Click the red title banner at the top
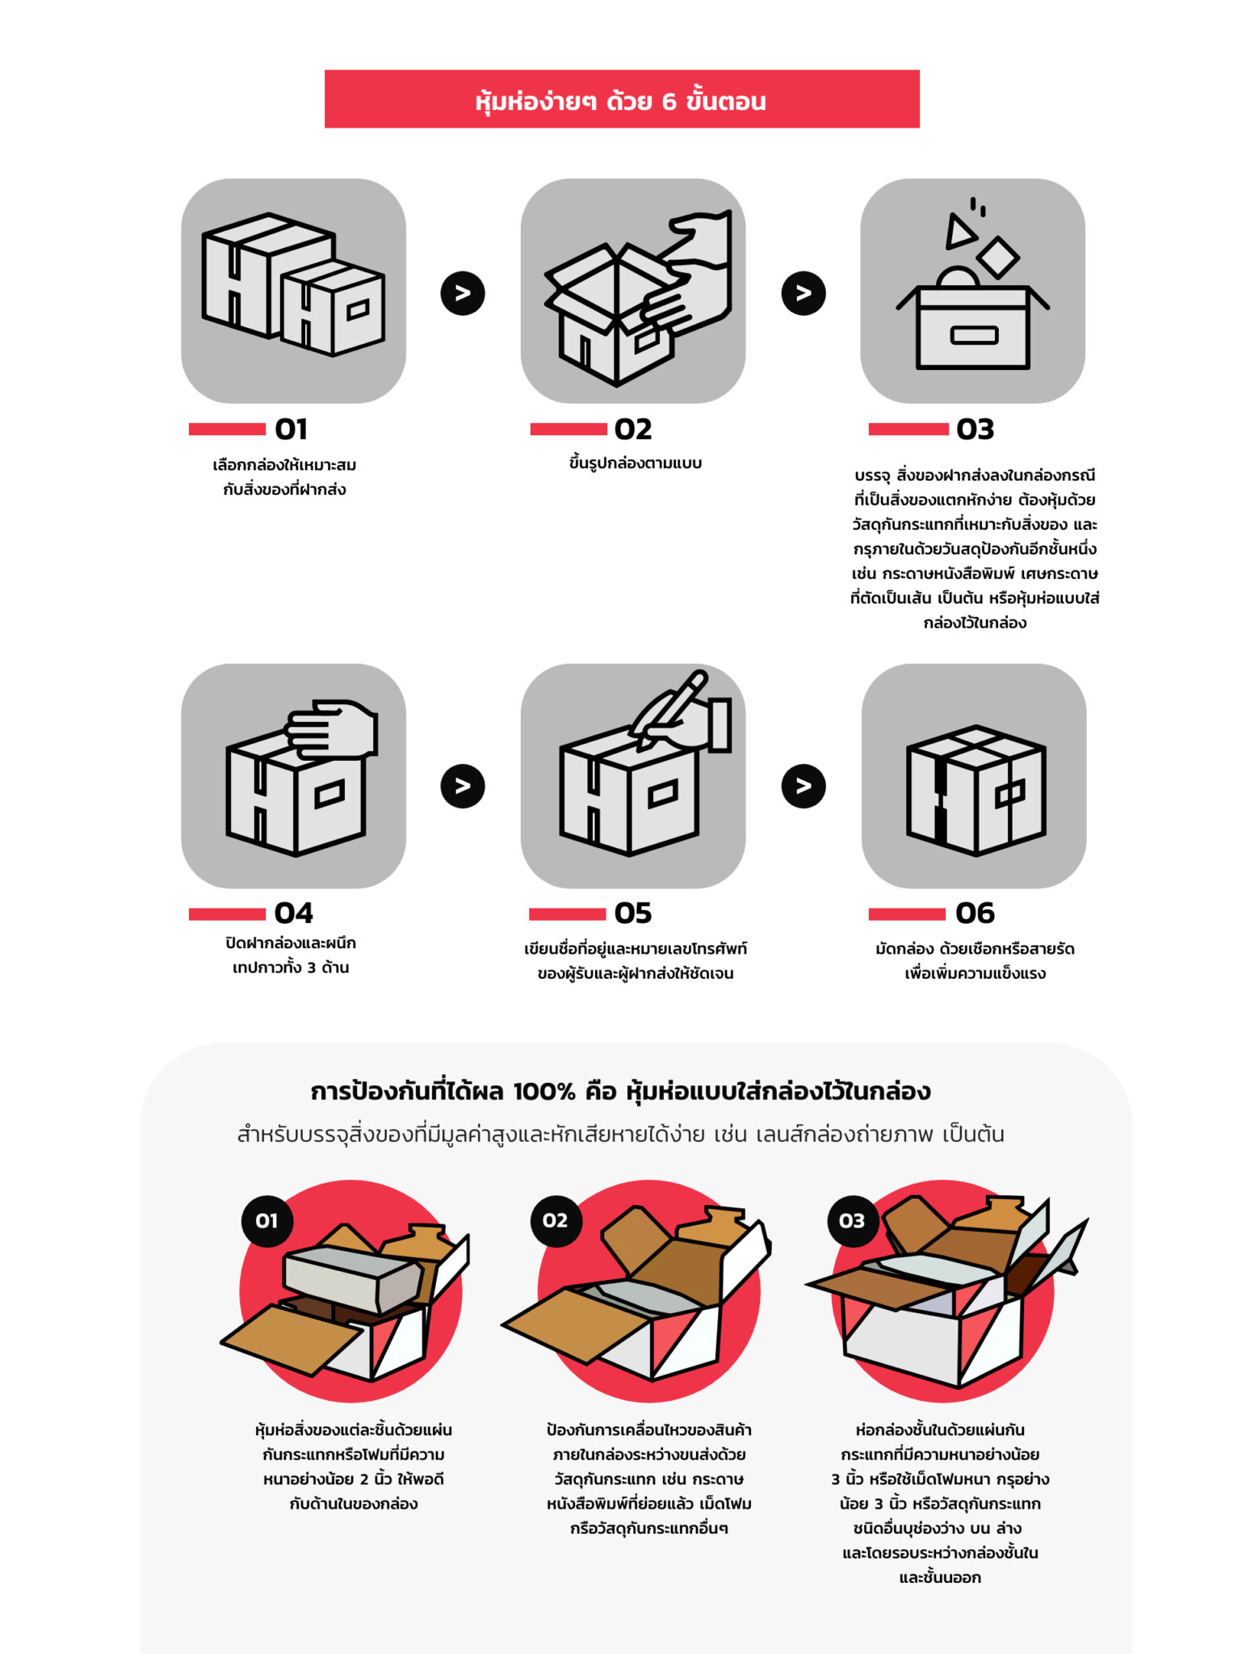[621, 99]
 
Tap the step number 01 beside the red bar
[291, 429]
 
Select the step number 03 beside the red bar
[974, 429]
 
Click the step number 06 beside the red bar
[974, 913]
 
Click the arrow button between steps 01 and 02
[463, 293]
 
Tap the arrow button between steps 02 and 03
[803, 293]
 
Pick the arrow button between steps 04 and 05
[463, 786]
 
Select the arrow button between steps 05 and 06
[803, 786]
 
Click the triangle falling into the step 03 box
[959, 231]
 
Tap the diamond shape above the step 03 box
[997, 257]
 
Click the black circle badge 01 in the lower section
[266, 1220]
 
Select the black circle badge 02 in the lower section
[555, 1220]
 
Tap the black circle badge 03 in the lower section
[852, 1220]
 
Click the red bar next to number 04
[227, 913]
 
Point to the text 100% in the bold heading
[543, 1092]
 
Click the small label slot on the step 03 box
[974, 335]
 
